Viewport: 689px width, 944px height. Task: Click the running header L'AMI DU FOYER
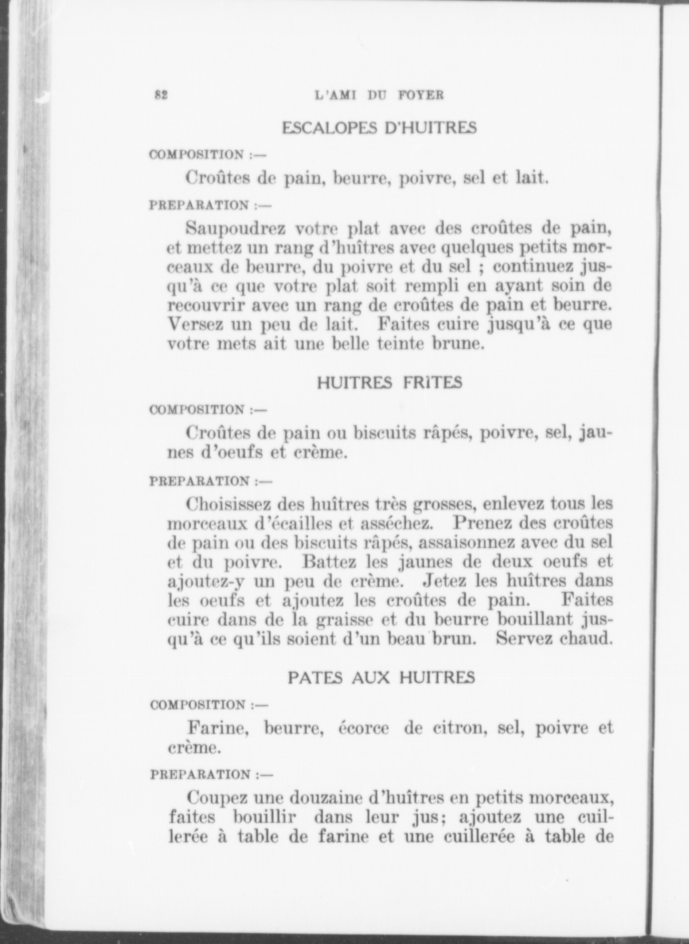point(379,95)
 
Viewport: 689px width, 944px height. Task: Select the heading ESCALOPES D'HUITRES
point(379,128)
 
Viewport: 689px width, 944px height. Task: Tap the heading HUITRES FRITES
point(389,383)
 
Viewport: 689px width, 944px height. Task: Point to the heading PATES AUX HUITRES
point(381,677)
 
